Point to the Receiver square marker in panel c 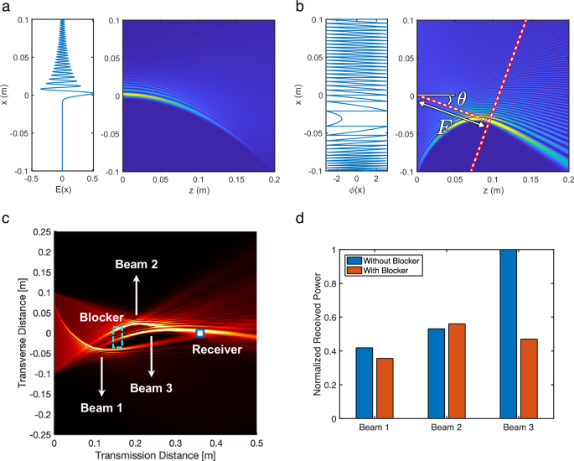(x=200, y=333)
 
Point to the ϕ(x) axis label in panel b (x=356, y=190)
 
